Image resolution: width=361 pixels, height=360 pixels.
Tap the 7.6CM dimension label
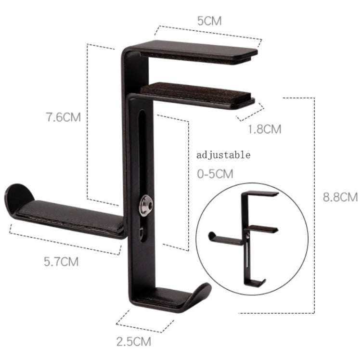click(x=61, y=118)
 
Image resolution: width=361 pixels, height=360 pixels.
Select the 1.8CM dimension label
click(x=264, y=129)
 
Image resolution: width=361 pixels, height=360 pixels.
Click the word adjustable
click(x=223, y=155)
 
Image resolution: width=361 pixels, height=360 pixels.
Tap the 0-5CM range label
click(x=215, y=173)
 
